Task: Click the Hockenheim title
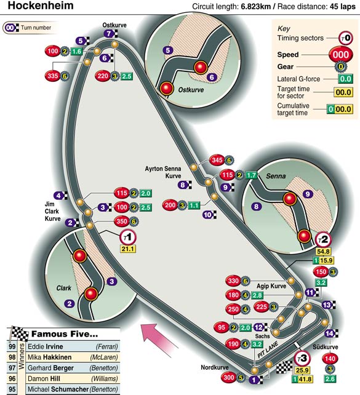[41, 6]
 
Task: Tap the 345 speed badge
[217, 160]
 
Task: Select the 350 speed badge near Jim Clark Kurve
[122, 221]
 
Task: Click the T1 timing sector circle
[128, 237]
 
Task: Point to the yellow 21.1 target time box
[128, 249]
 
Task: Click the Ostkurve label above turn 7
[114, 25]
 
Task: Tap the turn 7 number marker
[111, 33]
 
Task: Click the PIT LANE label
[268, 349]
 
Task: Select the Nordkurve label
[215, 367]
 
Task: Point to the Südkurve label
[326, 347]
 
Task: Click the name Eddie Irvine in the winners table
[46, 346]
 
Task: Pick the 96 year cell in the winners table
[12, 378]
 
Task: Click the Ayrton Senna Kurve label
[163, 172]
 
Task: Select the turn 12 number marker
[260, 327]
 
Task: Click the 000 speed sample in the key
[340, 54]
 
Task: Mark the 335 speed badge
[53, 76]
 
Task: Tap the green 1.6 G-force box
[76, 52]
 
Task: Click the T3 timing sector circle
[302, 358]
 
